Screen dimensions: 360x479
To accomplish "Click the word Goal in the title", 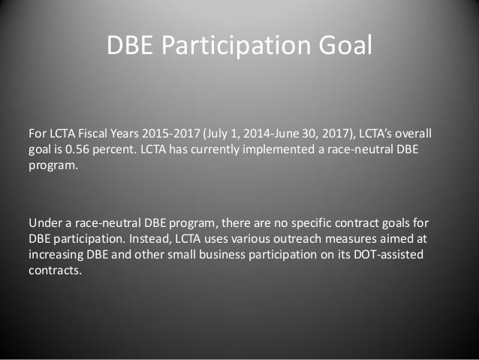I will pos(344,46).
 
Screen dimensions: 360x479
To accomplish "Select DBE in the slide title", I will pos(133,46).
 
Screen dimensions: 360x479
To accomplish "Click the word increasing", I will pos(55,256).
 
